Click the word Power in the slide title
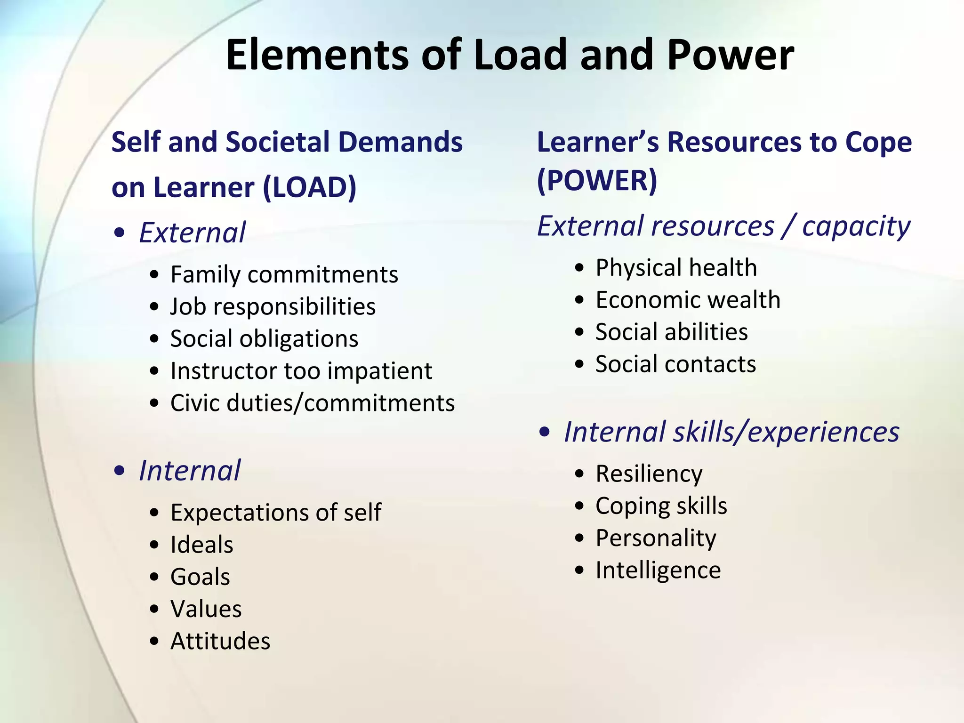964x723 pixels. (x=730, y=55)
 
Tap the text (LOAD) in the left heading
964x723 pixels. (x=309, y=187)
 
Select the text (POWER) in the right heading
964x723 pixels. (x=597, y=180)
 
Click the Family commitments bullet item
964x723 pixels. (x=284, y=274)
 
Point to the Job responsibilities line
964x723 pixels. (x=273, y=306)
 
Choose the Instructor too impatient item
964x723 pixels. (x=301, y=371)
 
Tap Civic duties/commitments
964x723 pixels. (x=313, y=403)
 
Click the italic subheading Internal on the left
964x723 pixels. (x=190, y=470)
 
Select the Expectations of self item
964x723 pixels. (x=276, y=512)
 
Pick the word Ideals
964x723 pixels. (x=202, y=545)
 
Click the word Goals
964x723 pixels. (x=200, y=577)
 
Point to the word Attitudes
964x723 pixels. (x=220, y=641)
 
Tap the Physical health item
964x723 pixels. (x=676, y=268)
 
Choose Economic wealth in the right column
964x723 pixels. (x=688, y=300)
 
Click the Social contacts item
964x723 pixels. (x=675, y=364)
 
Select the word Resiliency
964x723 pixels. (x=649, y=474)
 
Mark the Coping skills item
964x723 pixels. (x=661, y=506)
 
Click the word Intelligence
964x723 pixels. (x=658, y=570)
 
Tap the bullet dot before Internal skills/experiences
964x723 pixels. (x=545, y=432)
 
